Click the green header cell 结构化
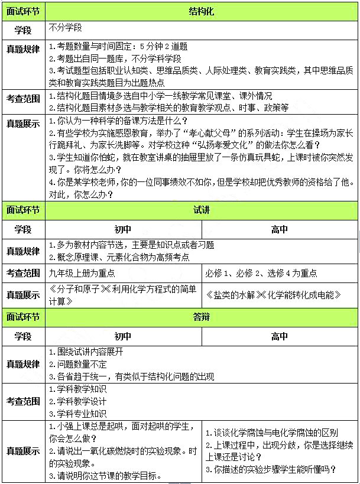tap(202, 11)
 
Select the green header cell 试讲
tap(202, 210)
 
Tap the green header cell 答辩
tap(202, 317)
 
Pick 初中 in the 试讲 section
tap(123, 229)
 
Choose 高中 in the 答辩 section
tap(280, 336)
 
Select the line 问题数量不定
tap(77, 364)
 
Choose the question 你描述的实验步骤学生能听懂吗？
tap(271, 470)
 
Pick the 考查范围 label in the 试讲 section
tap(23, 273)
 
